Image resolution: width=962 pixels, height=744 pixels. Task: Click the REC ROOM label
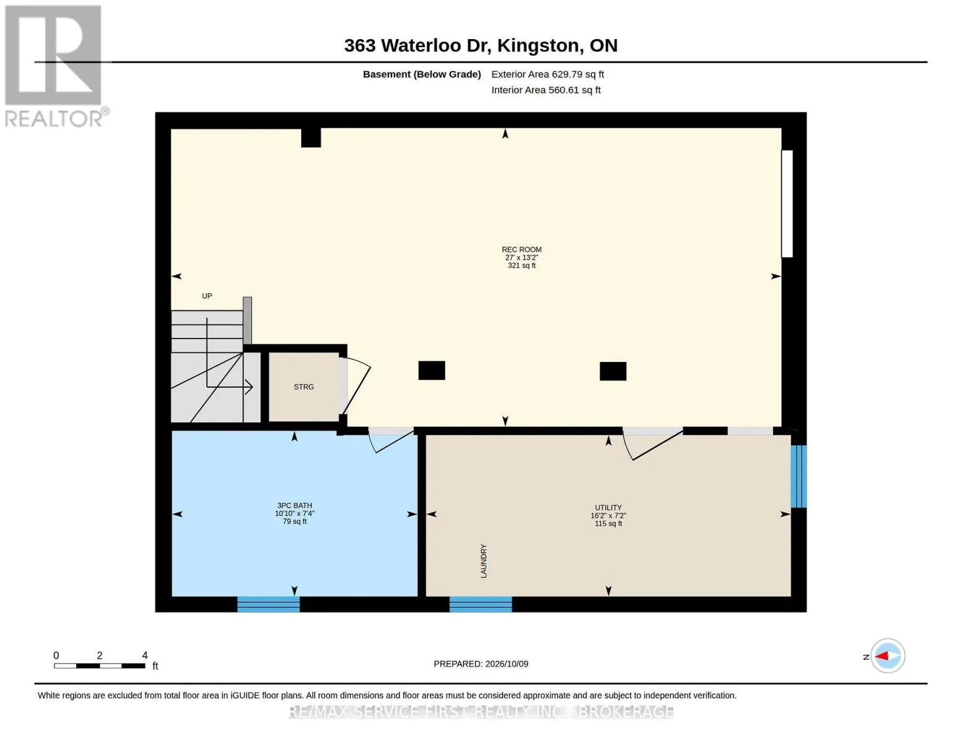click(x=521, y=249)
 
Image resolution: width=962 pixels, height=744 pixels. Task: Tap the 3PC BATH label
click(x=294, y=505)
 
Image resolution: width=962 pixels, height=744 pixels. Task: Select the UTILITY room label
click(x=608, y=507)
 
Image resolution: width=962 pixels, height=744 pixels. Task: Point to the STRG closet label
click(x=304, y=387)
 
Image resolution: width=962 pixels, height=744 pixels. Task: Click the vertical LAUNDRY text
click(x=483, y=561)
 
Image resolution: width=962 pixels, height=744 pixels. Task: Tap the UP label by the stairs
click(x=207, y=296)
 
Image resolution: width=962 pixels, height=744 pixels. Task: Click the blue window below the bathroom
click(x=268, y=604)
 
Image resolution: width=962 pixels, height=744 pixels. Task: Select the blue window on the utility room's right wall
click(x=798, y=476)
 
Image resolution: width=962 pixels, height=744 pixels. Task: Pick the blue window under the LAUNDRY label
click(x=480, y=604)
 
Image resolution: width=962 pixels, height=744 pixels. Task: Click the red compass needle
click(x=881, y=656)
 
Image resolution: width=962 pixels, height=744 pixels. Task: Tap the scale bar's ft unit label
click(x=155, y=665)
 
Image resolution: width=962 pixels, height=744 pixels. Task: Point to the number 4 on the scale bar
click(x=145, y=655)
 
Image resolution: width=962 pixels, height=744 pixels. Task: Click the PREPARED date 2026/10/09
click(x=507, y=664)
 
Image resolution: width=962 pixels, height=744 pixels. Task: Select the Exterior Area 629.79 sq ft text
click(x=547, y=74)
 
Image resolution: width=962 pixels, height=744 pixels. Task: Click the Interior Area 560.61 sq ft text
click(x=546, y=90)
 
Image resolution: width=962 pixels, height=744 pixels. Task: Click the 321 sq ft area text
click(x=522, y=265)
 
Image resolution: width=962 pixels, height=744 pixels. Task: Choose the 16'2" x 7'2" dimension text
click(x=608, y=515)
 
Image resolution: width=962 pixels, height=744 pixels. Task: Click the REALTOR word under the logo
click(x=53, y=119)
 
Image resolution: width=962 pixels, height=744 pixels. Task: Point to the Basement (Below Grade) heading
click(x=421, y=74)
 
